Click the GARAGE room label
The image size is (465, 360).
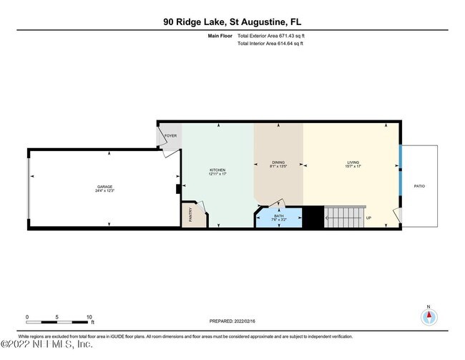pyautogui.click(x=104, y=186)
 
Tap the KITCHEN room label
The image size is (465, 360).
pyautogui.click(x=217, y=170)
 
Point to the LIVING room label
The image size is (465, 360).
pyautogui.click(x=353, y=162)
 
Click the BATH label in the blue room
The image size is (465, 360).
pyautogui.click(x=278, y=217)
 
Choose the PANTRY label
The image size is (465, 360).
pyautogui.click(x=190, y=215)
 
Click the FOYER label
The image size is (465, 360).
pyautogui.click(x=170, y=136)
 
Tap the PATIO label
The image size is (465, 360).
pyautogui.click(x=419, y=186)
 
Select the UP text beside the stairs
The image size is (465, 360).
pyautogui.click(x=369, y=218)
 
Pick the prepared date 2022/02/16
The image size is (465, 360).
pyautogui.click(x=250, y=321)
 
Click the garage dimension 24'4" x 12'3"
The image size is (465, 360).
pyautogui.click(x=104, y=191)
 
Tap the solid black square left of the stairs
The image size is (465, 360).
pyautogui.click(x=313, y=217)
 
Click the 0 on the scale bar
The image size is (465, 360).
pyautogui.click(x=26, y=316)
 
